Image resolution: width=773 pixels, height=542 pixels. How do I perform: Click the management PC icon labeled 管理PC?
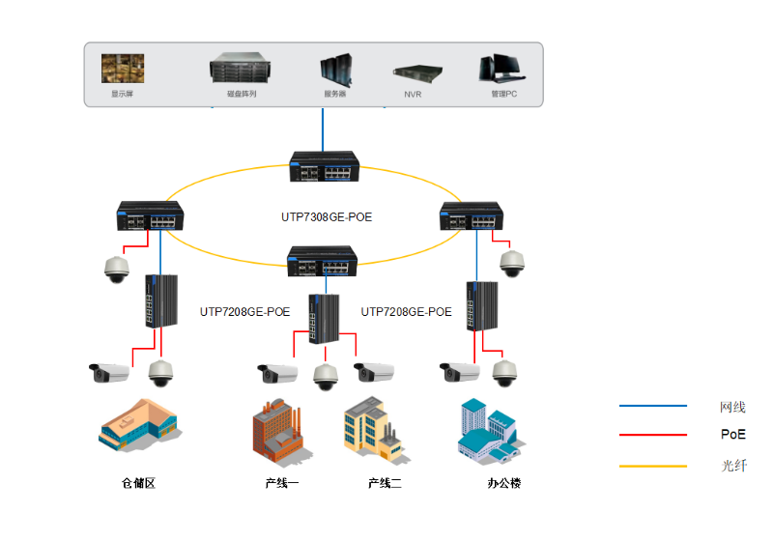pos(502,69)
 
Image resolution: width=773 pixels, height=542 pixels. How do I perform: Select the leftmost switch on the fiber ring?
pos(150,216)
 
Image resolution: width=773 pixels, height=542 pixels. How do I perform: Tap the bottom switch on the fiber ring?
pos(323,261)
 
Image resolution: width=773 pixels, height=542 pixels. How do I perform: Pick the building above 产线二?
pos(372,429)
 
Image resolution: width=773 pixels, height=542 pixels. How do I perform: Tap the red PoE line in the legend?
pos(652,436)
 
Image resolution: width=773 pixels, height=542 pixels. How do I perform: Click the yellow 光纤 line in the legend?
pos(652,467)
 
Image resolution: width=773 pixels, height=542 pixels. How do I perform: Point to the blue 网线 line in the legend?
pos(652,407)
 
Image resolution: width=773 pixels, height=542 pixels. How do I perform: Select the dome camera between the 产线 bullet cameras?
pos(325,377)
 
